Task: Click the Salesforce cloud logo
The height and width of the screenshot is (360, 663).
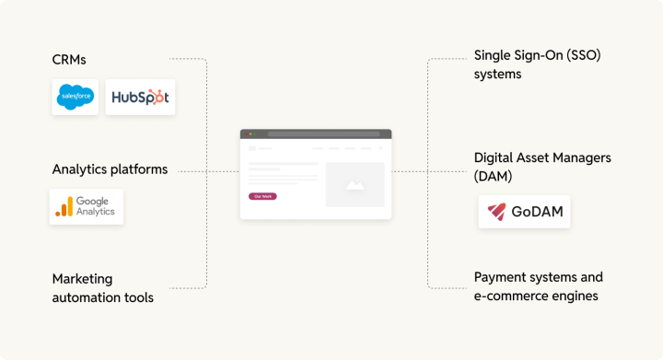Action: click(75, 97)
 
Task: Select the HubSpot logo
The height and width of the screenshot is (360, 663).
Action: click(140, 97)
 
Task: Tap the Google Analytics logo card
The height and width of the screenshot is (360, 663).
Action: click(86, 206)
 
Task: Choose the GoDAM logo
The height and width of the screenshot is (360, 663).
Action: click(524, 212)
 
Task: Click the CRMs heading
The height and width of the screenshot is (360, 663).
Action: click(69, 60)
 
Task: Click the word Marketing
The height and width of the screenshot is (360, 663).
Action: click(81, 279)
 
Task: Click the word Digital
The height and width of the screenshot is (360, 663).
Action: click(494, 157)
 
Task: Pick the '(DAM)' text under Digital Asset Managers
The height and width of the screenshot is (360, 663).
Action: click(493, 175)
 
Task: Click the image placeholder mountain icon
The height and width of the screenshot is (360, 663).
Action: click(355, 184)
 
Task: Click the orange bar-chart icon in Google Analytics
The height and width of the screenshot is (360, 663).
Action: click(64, 206)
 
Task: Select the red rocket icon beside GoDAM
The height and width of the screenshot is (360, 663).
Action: click(498, 213)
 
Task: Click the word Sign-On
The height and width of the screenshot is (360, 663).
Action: click(542, 55)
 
